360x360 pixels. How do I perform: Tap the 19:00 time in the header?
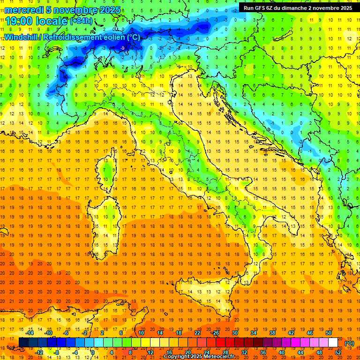pyautogui.click(x=22, y=21)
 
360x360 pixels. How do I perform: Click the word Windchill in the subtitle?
pyautogui.click(x=22, y=37)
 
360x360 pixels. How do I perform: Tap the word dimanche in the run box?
pyautogui.click(x=292, y=7)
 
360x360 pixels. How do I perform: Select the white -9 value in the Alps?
pyautogui.click(x=122, y=48)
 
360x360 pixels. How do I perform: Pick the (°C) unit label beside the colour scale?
pyautogui.click(x=349, y=343)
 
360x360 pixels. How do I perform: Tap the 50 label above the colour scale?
pyautogui.click(x=328, y=333)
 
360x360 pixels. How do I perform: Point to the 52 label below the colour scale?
pyautogui.click(x=338, y=352)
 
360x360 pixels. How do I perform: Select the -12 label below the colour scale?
pyautogui.click(x=39, y=352)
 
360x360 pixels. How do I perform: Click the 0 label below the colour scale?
pyautogui.click(x=93, y=352)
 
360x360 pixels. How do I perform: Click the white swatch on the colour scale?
pyautogui.click(x=333, y=343)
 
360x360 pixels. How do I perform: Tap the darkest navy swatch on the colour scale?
pyautogui.click(x=23, y=343)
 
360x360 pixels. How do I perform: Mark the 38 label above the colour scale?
pyautogui.click(x=272, y=333)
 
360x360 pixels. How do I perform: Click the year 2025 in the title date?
pyautogui.click(x=109, y=10)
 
